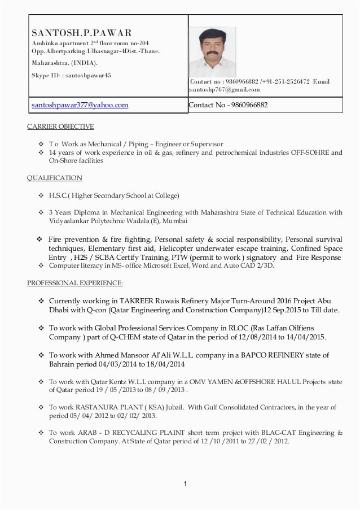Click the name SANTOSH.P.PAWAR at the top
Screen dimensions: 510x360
click(x=81, y=33)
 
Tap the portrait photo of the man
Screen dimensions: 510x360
click(x=212, y=51)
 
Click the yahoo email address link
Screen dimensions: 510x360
click(x=80, y=105)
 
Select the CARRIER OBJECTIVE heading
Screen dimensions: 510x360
click(x=60, y=127)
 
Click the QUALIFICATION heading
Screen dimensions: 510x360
click(x=54, y=178)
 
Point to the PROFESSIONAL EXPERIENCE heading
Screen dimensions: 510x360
click(x=75, y=282)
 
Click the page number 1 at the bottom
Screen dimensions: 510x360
click(x=185, y=483)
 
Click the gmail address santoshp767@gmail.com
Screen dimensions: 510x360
click(x=225, y=90)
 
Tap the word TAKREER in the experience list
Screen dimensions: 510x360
click(x=138, y=301)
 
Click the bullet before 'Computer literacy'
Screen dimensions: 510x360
click(x=41, y=265)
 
